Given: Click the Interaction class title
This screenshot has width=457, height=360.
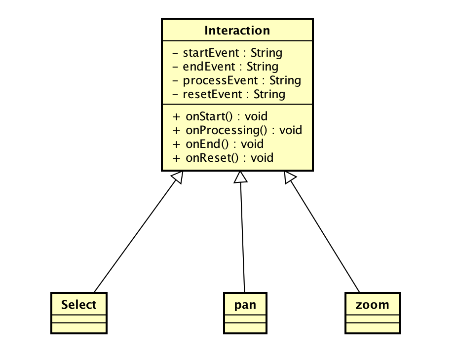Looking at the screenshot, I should [x=237, y=31].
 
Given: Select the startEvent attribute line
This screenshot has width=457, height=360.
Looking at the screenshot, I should [x=227, y=53].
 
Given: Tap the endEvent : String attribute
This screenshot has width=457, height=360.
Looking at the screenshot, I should [x=225, y=67].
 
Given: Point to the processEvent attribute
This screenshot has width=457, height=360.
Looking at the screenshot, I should [x=236, y=80].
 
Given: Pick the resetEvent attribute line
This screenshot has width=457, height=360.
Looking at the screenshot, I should [x=228, y=94].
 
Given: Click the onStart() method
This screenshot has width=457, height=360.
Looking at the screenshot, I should [x=220, y=117].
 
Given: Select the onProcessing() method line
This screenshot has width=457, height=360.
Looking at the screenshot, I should [x=237, y=130].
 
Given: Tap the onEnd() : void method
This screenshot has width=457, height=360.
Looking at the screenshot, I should [x=218, y=144].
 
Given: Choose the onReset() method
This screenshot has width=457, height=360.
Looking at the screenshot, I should [x=223, y=158].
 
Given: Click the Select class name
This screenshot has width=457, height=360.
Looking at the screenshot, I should [x=79, y=305].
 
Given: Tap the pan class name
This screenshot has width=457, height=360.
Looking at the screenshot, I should [x=245, y=305].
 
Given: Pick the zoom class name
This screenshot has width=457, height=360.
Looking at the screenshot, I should [x=373, y=305].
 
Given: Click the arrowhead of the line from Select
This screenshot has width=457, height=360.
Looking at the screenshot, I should [x=179, y=177].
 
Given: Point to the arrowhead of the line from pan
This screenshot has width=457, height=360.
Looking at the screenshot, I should [x=240, y=177].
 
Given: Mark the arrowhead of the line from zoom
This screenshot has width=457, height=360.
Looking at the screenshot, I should [x=290, y=177].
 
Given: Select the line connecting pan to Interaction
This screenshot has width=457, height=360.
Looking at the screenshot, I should [x=242, y=237].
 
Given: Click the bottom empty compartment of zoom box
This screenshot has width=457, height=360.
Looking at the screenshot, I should [x=373, y=328].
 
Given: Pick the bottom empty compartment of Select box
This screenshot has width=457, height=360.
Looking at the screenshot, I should [x=79, y=328].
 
